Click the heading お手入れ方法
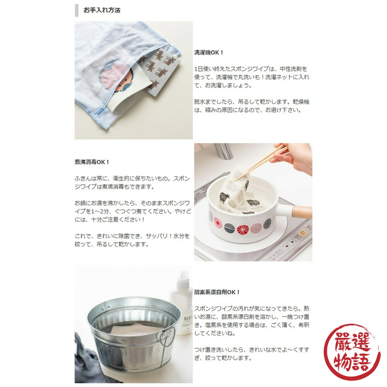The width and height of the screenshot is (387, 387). click(x=102, y=10)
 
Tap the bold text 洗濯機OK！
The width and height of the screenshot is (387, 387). click(x=209, y=52)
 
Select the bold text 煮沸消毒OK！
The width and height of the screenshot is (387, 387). click(x=92, y=162)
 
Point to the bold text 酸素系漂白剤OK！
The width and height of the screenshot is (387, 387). click(x=217, y=292)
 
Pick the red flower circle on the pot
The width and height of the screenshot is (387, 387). click(x=242, y=229)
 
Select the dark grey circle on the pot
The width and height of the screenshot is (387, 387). click(x=229, y=226)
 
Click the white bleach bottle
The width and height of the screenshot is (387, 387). click(x=183, y=303)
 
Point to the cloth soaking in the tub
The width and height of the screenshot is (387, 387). click(x=136, y=330)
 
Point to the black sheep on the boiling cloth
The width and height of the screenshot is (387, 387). click(x=224, y=197)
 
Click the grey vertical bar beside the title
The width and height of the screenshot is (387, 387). click(x=77, y=10)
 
